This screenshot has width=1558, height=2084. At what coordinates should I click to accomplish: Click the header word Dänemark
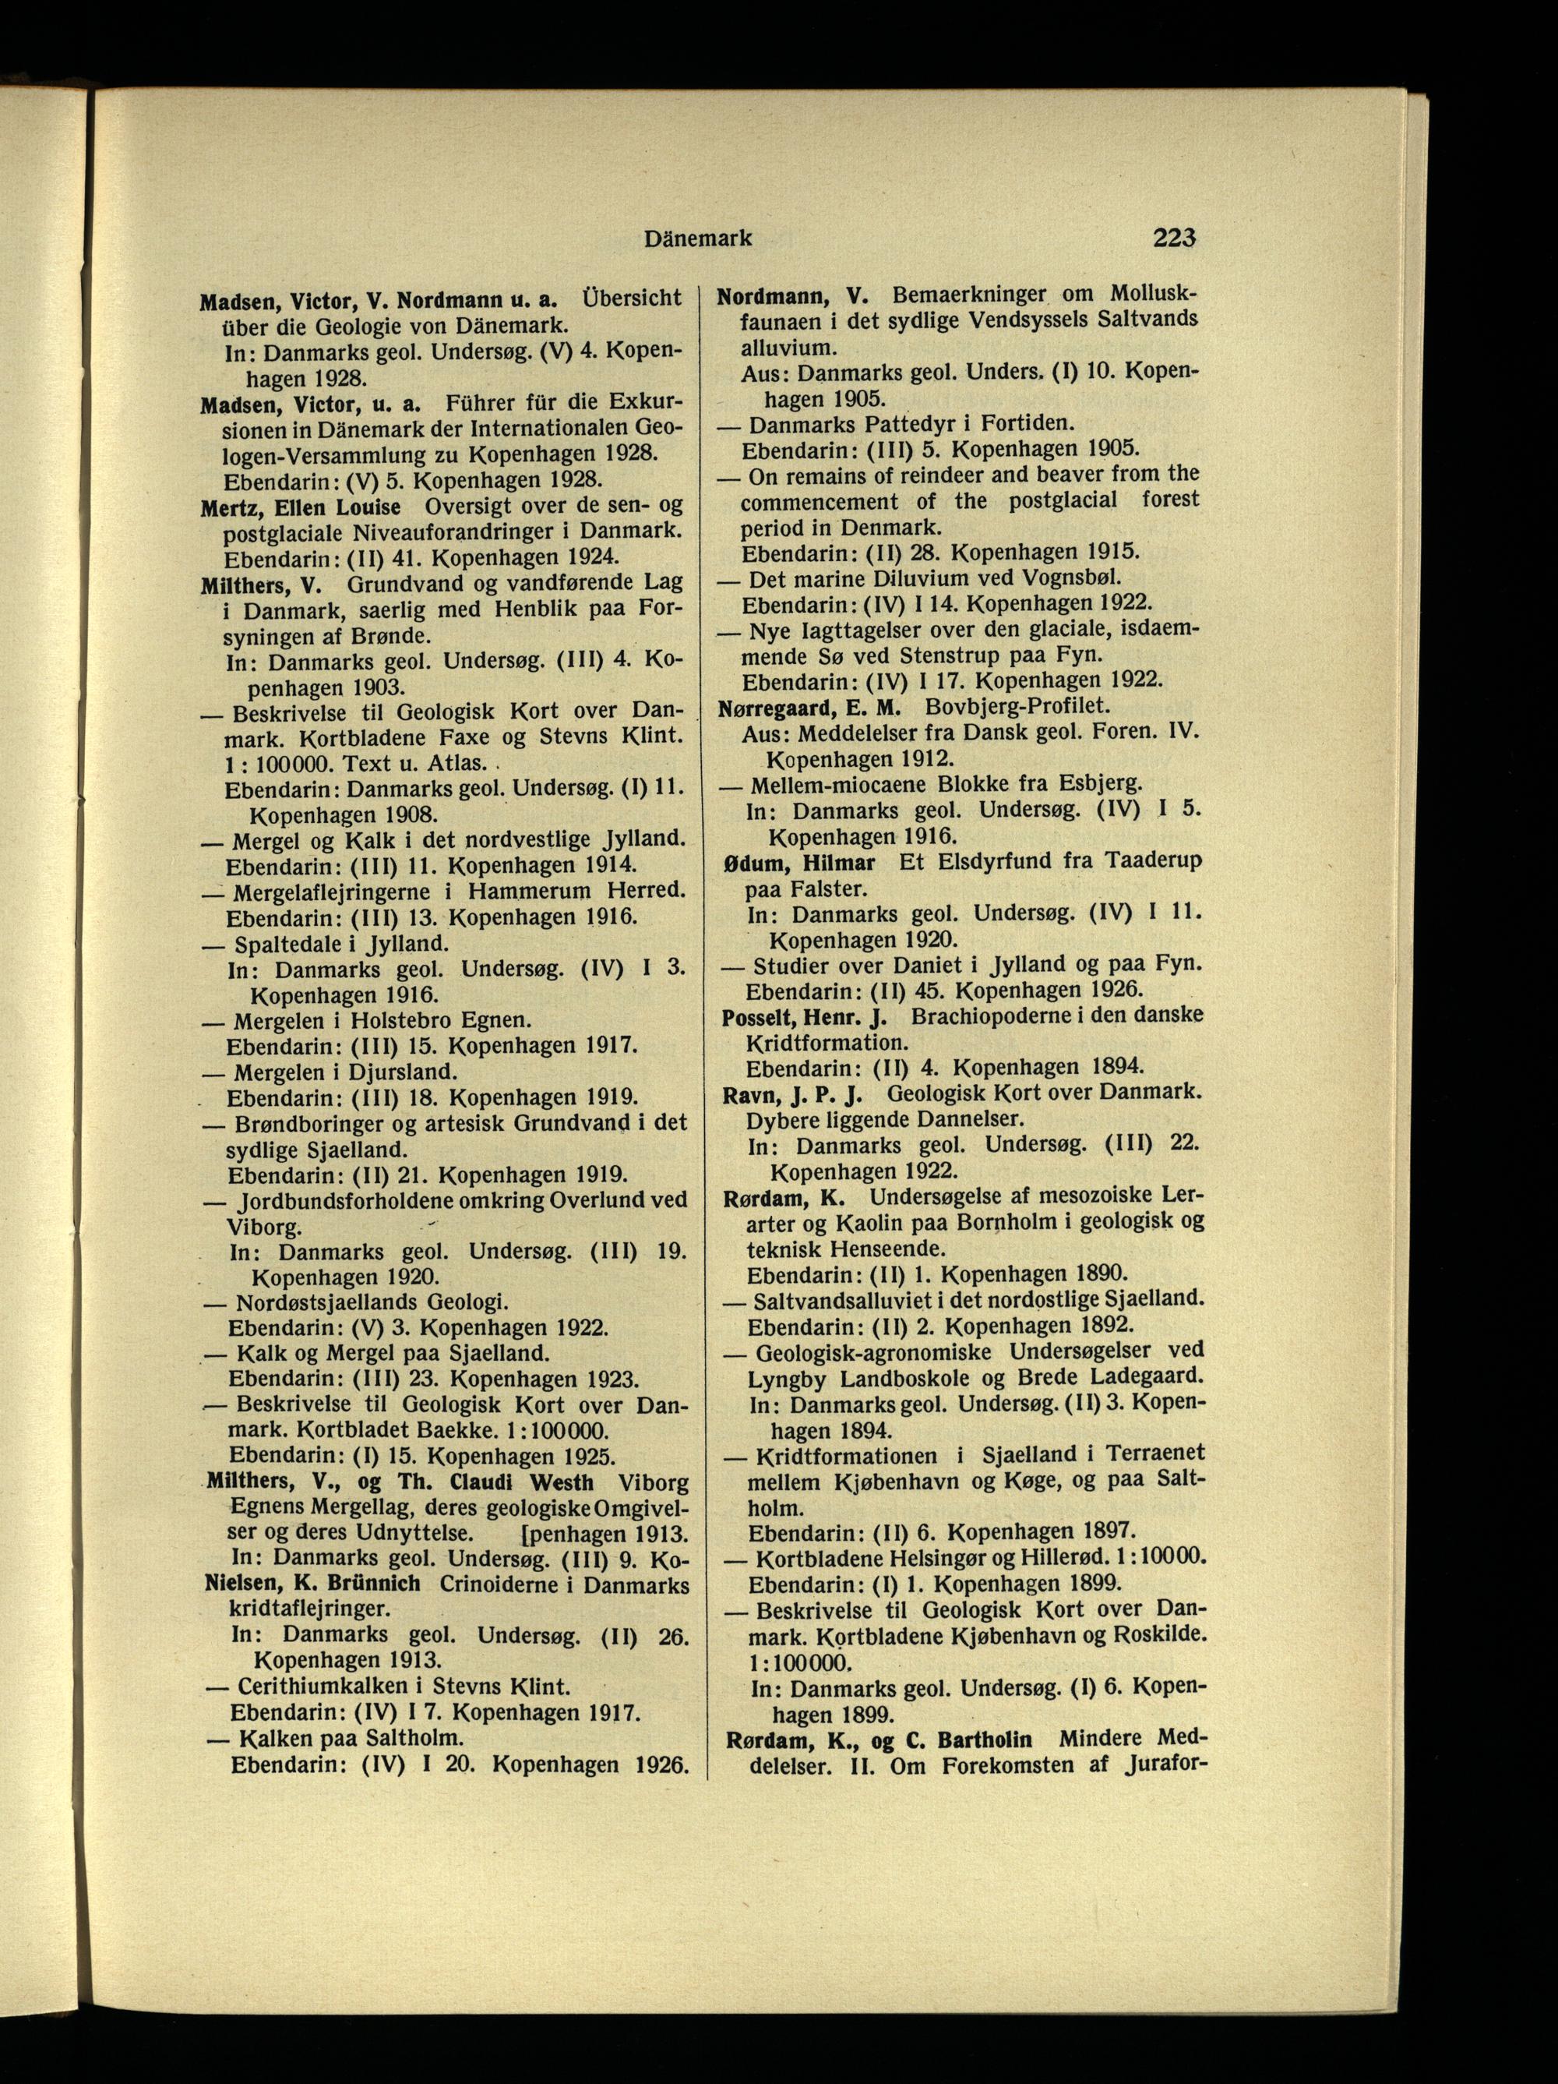coord(698,239)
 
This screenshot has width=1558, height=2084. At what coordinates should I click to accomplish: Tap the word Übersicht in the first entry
coord(631,298)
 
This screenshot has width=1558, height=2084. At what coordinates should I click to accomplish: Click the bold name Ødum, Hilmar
coord(798,861)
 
